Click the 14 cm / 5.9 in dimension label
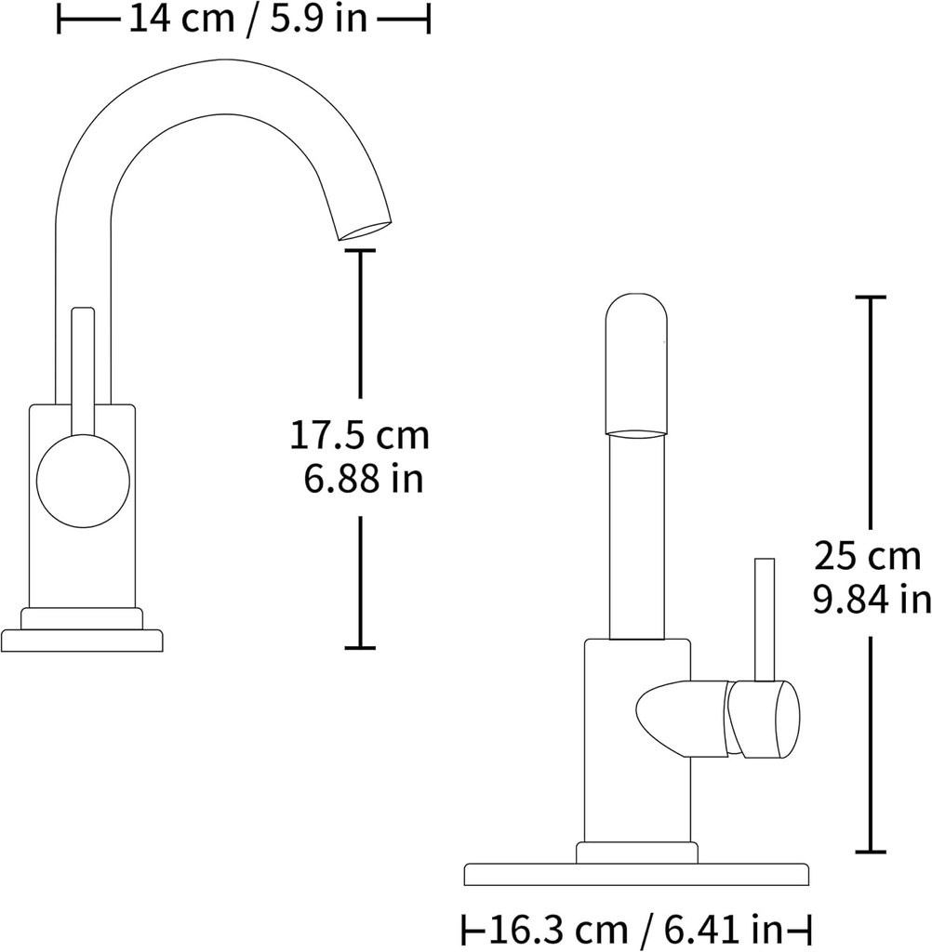click(x=246, y=19)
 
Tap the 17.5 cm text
click(x=360, y=435)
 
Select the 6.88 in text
click(x=363, y=480)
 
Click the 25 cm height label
click(x=867, y=557)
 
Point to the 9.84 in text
click(x=872, y=601)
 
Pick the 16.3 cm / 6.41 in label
click(x=637, y=929)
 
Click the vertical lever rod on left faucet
click(x=83, y=372)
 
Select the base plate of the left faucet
click(x=82, y=641)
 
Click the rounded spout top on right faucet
click(x=636, y=363)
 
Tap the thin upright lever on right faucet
click(x=765, y=618)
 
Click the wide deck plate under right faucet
click(x=636, y=874)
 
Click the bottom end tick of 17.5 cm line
click(x=360, y=647)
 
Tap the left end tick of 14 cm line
click(x=60, y=19)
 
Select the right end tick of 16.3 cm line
click(x=809, y=929)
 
